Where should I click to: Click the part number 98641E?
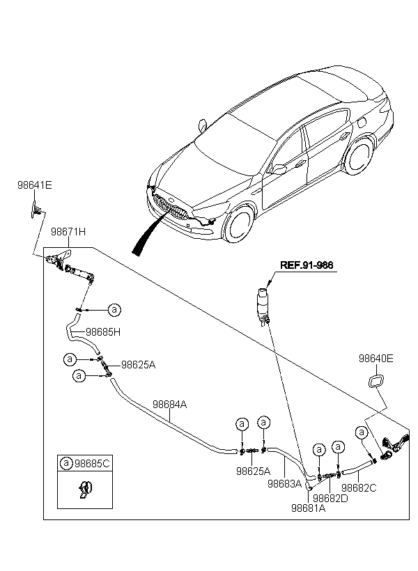(35, 185)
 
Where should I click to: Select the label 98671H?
(68, 232)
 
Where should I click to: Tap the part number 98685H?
(103, 331)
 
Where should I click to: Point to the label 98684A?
(169, 404)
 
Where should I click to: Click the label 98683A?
(285, 483)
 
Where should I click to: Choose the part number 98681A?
(309, 508)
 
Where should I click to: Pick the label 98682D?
(330, 498)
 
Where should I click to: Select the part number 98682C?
(359, 487)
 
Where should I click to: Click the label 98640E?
(376, 359)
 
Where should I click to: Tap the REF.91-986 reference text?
(307, 265)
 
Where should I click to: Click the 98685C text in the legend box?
(92, 464)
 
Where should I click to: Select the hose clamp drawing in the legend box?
(86, 490)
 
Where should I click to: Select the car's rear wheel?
(359, 157)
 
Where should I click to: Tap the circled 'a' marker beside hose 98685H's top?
(114, 310)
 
